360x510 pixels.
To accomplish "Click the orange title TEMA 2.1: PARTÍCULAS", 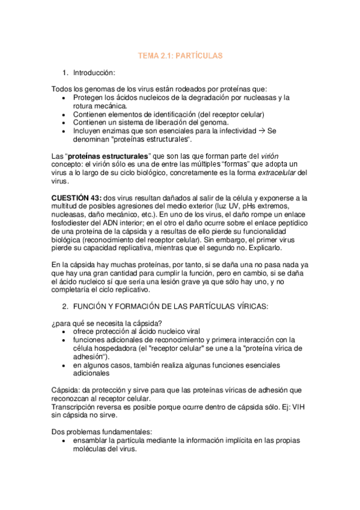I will pyautogui.click(x=180, y=55).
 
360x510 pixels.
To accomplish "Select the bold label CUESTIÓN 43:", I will pyautogui.click(x=76, y=198).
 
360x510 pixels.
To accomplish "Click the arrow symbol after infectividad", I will pyautogui.click(x=261, y=131).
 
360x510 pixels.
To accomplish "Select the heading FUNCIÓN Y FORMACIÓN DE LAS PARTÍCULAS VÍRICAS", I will pyautogui.click(x=171, y=307).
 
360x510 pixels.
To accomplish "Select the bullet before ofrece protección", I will pyautogui.click(x=64, y=332).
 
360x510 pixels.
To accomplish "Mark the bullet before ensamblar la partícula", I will pyautogui.click(x=64, y=440).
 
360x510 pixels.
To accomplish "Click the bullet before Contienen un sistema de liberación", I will pyautogui.click(x=64, y=123).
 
